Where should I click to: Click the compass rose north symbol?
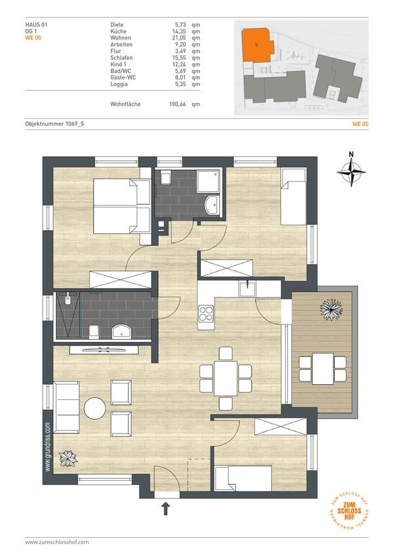351,171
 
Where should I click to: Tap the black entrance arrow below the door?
165,508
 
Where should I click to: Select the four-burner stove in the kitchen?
206,313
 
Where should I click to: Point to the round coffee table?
95,408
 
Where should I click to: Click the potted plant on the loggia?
331,309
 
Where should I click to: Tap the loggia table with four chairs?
322,368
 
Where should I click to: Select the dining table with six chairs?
226,378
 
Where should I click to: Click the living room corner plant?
68,458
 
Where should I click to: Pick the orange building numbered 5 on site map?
257,45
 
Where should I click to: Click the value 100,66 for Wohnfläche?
177,104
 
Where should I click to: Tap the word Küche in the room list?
118,32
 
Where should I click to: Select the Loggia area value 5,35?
180,84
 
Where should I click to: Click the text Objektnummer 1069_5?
55,123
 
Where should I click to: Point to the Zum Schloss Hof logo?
349,510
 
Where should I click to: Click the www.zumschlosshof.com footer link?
57,542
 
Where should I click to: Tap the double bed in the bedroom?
122,206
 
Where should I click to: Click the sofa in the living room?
66,407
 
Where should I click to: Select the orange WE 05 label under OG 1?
33,38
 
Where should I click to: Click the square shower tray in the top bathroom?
208,181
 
